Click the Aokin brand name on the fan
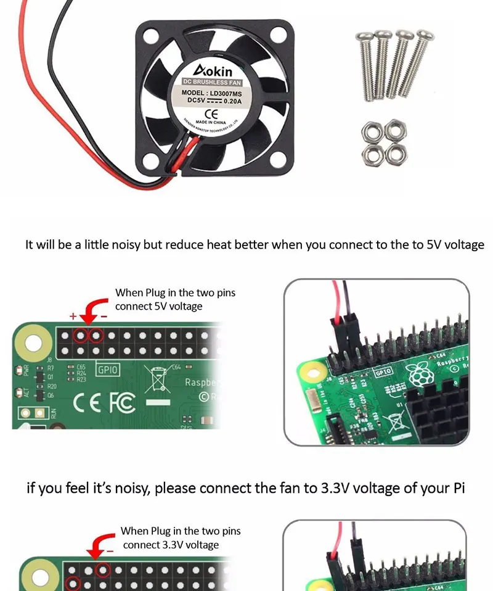pos(212,69)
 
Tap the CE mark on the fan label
pos(210,114)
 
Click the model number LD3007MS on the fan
pos(226,93)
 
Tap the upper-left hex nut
pos(372,130)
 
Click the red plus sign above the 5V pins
pos(73,316)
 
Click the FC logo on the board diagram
pos(122,403)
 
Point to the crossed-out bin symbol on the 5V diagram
pos(157,378)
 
